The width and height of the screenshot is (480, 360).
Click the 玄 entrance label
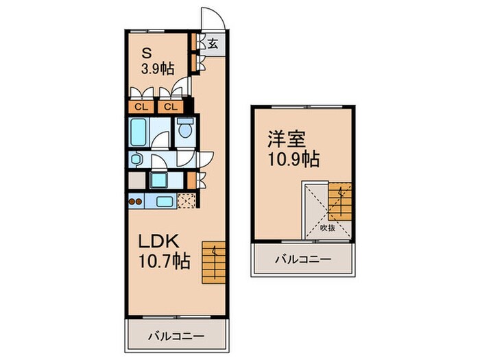[213, 44]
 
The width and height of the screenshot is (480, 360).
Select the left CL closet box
[139, 106]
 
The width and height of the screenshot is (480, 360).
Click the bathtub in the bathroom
[140, 130]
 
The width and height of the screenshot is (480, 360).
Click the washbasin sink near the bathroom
[136, 159]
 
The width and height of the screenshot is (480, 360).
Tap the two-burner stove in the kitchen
[136, 202]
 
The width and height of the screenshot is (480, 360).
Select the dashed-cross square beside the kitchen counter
[186, 202]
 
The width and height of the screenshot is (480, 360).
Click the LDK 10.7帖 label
[162, 252]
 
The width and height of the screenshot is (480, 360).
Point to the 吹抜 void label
[328, 228]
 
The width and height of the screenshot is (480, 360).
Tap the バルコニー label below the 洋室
[303, 260]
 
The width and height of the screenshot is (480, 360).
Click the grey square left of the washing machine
[136, 181]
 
